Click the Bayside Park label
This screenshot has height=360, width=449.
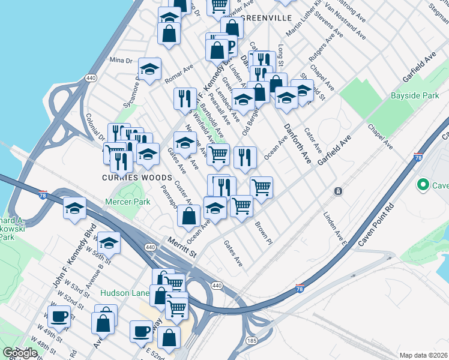coord(415,95)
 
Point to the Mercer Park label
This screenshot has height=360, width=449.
coord(128,202)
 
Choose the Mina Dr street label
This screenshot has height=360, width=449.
coord(121,61)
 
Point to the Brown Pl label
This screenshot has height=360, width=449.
coord(264,233)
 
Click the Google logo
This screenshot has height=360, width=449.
coord(20,353)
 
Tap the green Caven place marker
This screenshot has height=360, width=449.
coord(423,185)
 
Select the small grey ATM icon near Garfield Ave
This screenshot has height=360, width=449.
coord(339,191)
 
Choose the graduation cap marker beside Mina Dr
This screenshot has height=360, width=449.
coord(149,70)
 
